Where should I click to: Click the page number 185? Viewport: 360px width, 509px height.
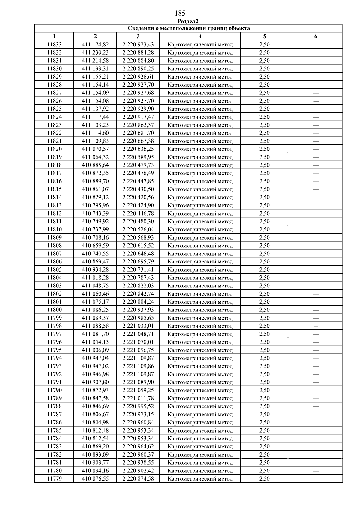180,13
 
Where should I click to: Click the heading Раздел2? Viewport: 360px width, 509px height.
188,21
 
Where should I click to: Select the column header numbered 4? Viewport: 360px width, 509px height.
200,37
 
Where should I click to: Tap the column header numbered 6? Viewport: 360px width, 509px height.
316,37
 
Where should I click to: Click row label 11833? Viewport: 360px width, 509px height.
54,45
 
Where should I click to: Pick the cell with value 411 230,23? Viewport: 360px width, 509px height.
95,52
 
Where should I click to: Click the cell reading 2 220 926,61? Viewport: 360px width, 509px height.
138,77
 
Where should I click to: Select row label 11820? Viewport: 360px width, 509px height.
54,149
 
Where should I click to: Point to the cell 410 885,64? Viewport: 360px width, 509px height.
95,165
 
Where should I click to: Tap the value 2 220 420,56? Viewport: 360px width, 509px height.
138,197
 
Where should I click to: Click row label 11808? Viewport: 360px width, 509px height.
54,246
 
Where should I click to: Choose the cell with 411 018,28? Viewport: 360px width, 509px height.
95,278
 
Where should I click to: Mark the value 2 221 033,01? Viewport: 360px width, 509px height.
138,326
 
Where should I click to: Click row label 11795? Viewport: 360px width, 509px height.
54,350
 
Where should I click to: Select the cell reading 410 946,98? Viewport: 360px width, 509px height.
95,374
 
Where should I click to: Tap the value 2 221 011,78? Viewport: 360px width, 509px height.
138,398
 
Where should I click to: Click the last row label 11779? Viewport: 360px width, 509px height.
54,479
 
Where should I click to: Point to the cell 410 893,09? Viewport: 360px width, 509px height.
95,454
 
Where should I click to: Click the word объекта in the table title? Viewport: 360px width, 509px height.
239,28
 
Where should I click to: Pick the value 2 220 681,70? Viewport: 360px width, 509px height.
138,133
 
